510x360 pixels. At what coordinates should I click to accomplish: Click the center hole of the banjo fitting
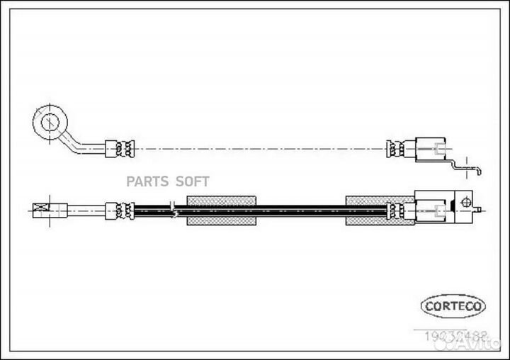[49, 122]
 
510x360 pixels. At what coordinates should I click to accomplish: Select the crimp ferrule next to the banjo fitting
[120, 149]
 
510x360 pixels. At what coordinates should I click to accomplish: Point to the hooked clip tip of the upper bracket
[480, 171]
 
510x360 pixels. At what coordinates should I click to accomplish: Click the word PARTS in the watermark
[147, 181]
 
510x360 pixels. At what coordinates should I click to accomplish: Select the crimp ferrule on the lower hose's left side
[120, 210]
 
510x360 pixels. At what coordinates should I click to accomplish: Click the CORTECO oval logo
[453, 306]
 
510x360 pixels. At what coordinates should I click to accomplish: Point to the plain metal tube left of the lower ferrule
[86, 210]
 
